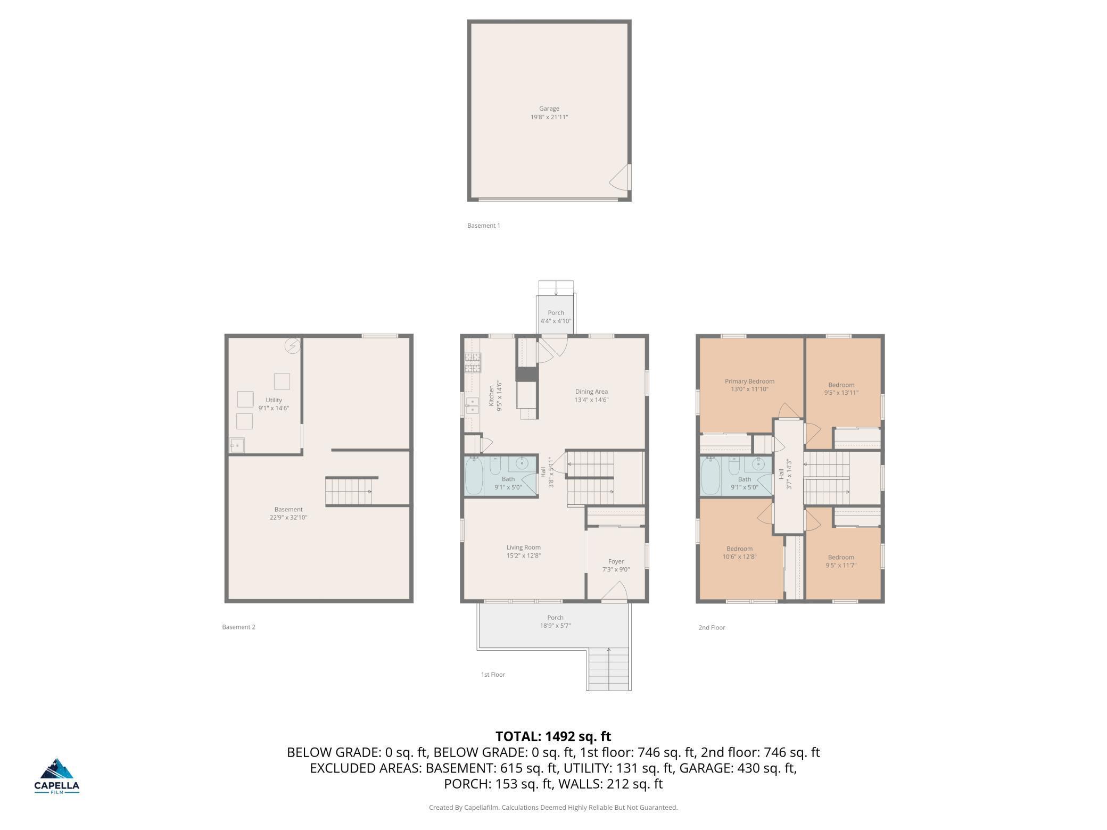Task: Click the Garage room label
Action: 549,109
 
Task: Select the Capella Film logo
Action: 57,776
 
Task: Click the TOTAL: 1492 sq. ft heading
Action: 553,736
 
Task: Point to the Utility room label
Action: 274,400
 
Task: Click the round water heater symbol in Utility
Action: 292,346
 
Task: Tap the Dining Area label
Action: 591,392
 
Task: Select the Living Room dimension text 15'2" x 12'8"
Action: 524,555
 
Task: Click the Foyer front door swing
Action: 615,591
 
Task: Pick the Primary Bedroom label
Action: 749,381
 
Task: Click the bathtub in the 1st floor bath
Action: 475,476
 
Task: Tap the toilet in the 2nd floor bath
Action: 734,466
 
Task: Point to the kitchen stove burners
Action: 473,362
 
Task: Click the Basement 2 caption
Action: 238,627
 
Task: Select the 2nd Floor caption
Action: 712,627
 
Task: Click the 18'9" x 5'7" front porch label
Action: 555,626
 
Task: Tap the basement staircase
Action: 348,492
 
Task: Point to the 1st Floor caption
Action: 493,674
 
